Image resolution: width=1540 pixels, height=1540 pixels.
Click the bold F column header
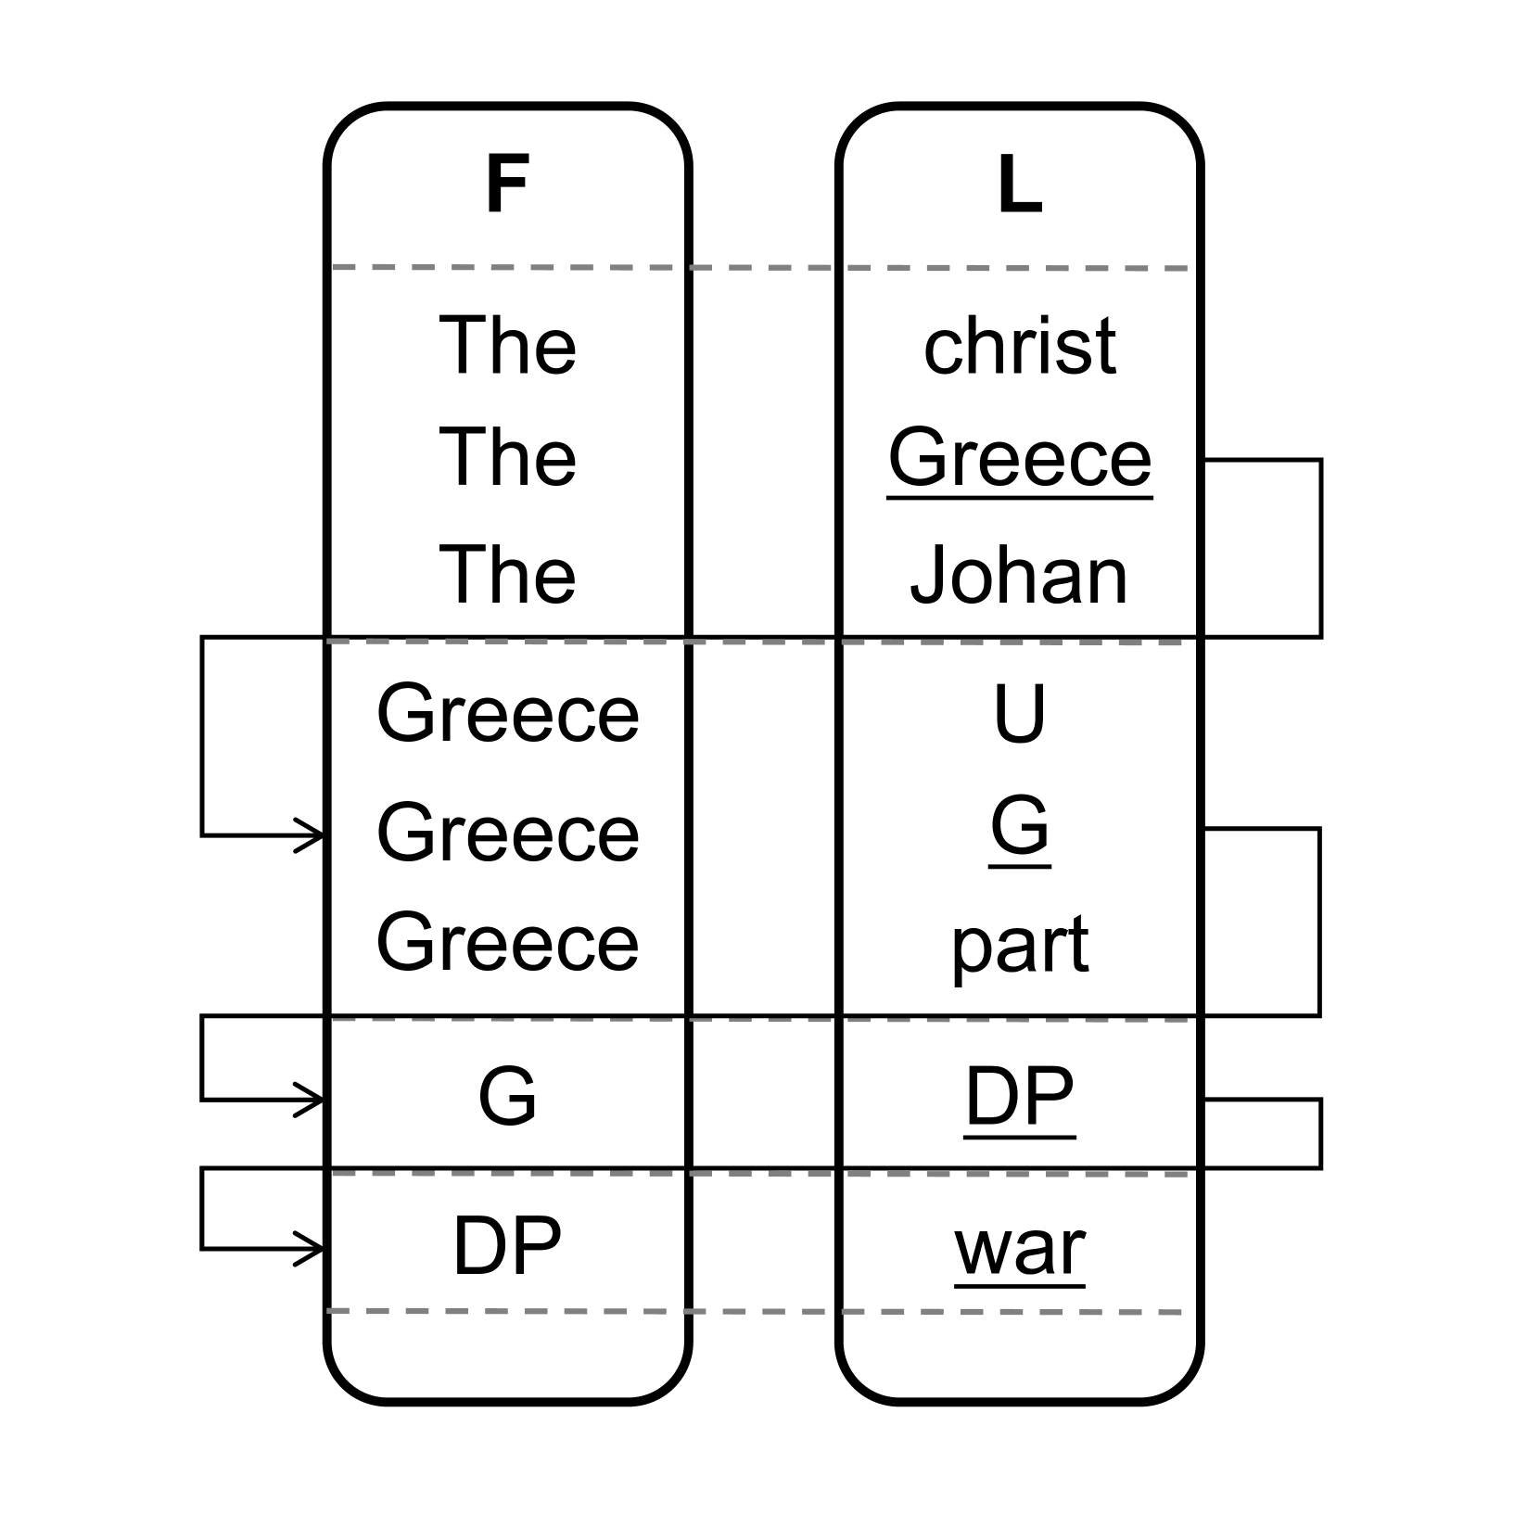coord(507,185)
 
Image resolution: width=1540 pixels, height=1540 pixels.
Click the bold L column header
coord(1019,185)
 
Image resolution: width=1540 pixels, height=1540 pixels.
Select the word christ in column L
coord(1019,347)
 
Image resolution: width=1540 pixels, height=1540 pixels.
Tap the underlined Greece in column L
coord(1019,458)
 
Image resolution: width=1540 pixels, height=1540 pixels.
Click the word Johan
coord(1019,575)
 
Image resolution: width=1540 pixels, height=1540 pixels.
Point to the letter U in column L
coord(1019,714)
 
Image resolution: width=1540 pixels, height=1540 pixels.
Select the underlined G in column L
coord(1019,825)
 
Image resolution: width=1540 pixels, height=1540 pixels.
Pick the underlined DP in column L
coord(1019,1096)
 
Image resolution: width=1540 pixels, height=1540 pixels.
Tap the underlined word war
coord(1019,1248)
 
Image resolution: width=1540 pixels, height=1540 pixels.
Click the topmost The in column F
coord(507,347)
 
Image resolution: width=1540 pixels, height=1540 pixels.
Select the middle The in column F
coord(507,458)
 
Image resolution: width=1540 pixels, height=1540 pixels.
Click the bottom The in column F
coord(507,575)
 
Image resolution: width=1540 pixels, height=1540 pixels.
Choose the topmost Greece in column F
coord(507,714)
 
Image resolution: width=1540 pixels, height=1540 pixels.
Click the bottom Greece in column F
coord(507,942)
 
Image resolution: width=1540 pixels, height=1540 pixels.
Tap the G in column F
coord(507,1096)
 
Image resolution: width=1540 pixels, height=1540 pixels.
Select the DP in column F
coord(507,1246)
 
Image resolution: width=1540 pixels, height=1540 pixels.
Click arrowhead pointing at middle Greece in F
coord(313,836)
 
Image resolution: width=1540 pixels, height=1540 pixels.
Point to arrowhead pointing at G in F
coord(313,1101)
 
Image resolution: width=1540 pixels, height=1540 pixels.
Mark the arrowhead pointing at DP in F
coord(313,1249)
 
